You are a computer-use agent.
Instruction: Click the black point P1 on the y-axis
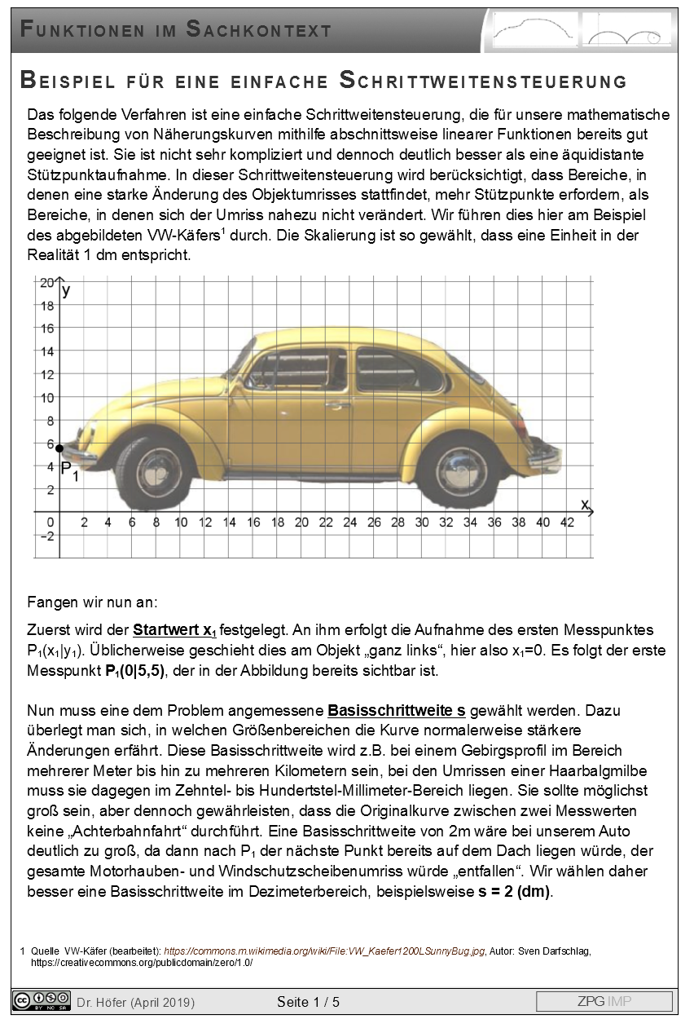pos(59,448)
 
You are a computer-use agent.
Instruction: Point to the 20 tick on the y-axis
pos(46,283)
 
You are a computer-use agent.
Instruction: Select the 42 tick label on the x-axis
pos(568,523)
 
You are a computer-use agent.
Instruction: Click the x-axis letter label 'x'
pos(584,505)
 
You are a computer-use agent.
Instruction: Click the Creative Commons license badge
pos(41,1000)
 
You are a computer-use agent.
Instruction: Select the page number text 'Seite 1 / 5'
pos(308,1002)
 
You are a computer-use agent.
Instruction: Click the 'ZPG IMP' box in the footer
pos(604,1001)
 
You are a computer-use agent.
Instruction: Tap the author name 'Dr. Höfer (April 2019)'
pos(136,1002)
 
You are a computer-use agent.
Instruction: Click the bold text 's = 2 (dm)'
pos(515,891)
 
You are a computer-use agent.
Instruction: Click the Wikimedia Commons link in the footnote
pos(324,951)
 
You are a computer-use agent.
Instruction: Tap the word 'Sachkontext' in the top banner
pos(259,30)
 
